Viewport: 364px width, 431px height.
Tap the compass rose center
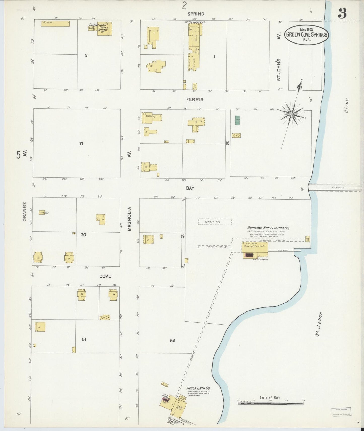[291, 114]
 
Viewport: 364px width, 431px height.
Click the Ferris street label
[195, 100]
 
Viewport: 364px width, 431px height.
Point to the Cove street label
[105, 276]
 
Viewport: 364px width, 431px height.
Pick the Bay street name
[190, 188]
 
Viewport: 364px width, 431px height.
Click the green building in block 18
[237, 120]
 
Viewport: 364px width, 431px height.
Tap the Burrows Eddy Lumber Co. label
[268, 228]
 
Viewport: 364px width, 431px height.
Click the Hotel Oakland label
[195, 22]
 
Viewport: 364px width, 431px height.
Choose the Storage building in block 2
[55, 24]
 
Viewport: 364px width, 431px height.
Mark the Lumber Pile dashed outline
[215, 222]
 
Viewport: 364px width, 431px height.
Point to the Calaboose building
[42, 212]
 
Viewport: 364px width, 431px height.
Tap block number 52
[172, 341]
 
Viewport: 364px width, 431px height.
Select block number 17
[81, 144]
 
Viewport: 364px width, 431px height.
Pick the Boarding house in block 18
[152, 117]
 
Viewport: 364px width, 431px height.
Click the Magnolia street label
[129, 219]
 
